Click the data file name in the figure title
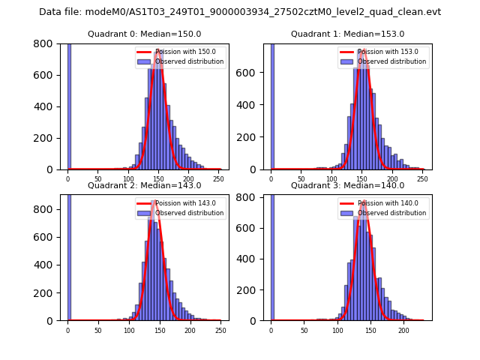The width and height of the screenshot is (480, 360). [x=240, y=12]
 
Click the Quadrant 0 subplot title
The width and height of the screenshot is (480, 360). [x=145, y=34]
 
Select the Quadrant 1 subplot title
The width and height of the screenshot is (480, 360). [x=347, y=34]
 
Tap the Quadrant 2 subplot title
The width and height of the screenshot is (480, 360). [x=145, y=185]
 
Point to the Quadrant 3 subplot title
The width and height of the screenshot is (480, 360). [x=347, y=185]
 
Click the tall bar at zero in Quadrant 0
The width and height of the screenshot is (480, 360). [x=69, y=105]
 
